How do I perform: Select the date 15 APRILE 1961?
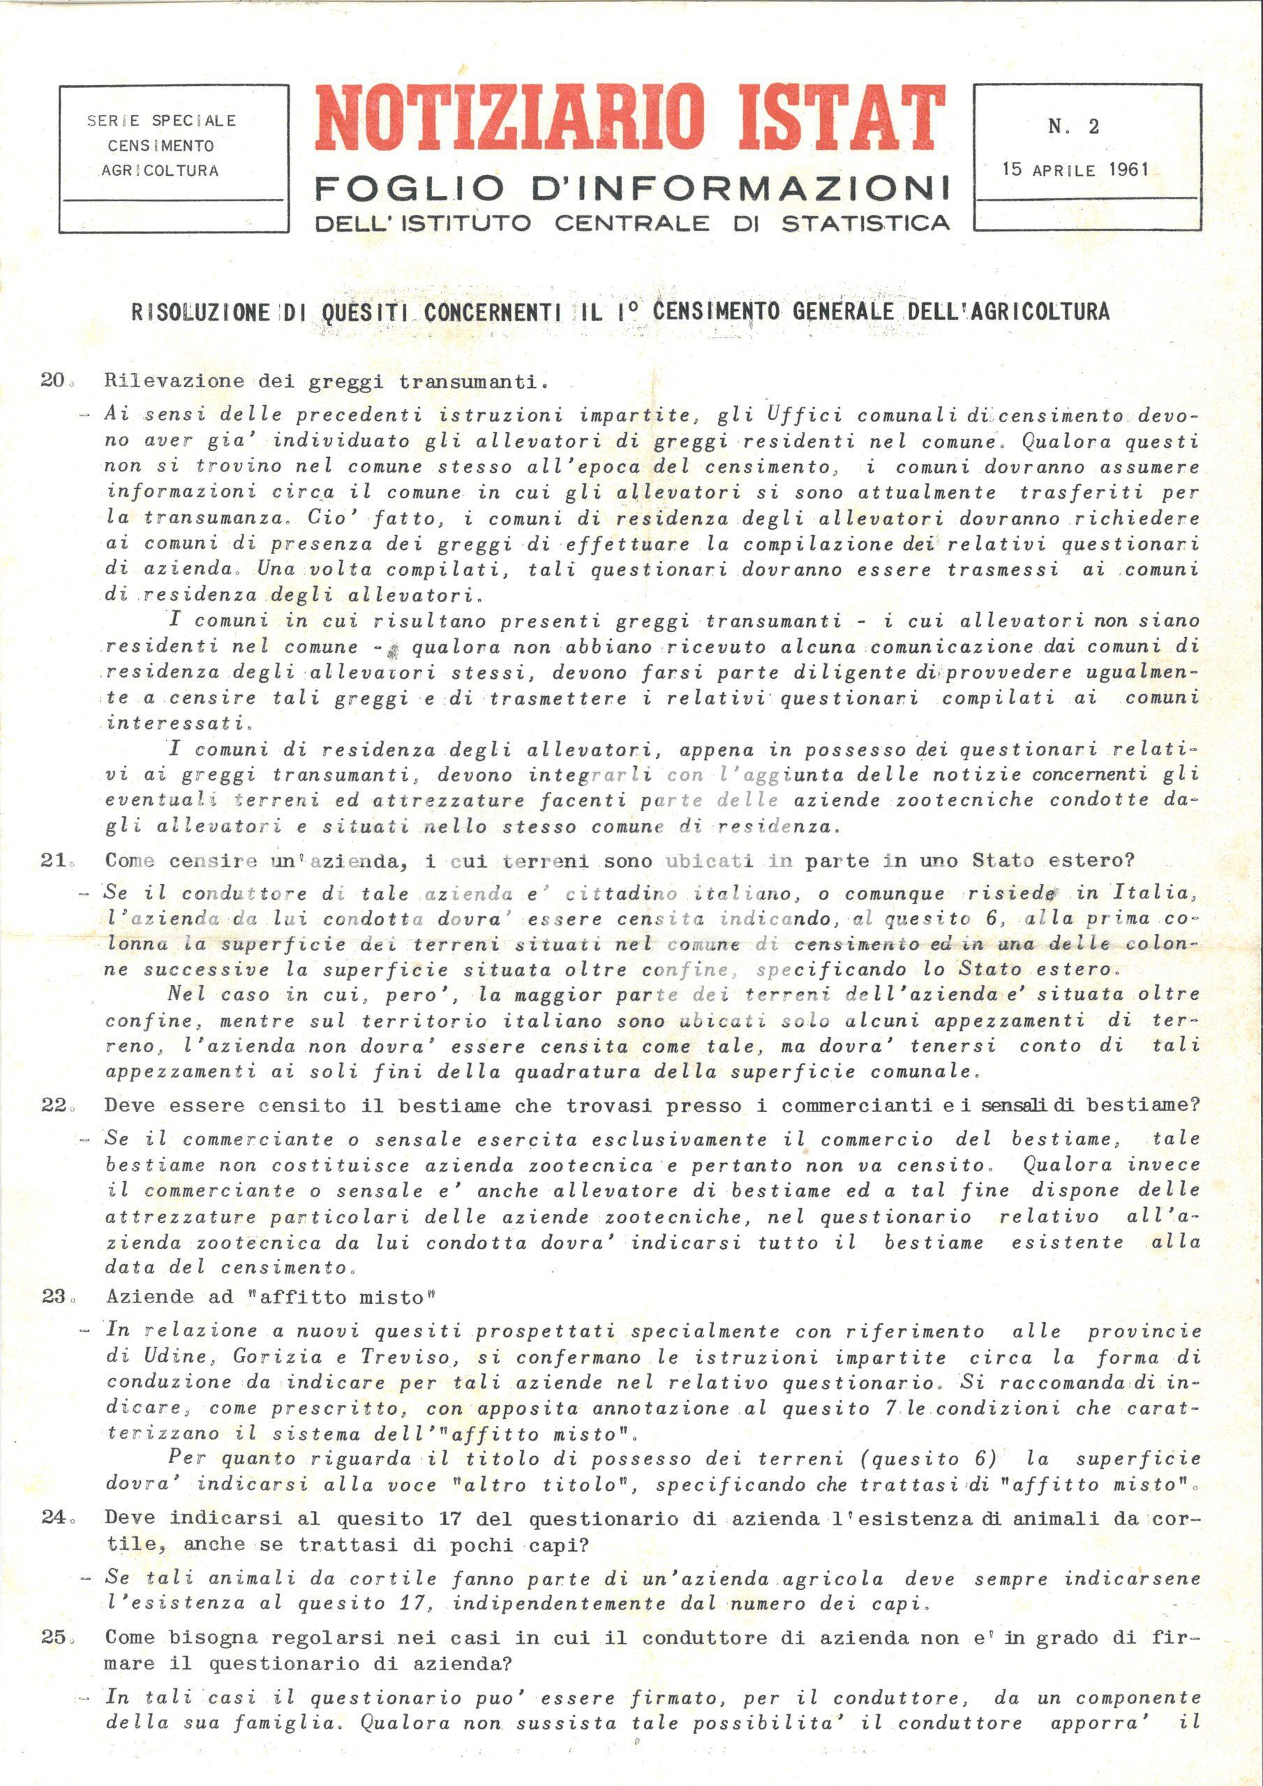(1075, 169)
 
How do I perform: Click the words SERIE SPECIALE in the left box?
(161, 121)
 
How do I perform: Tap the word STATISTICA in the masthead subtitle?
(865, 223)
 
